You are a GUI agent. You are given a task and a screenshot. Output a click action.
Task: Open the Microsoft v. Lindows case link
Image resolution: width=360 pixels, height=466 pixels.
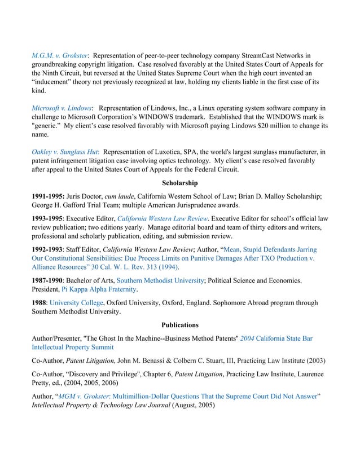62,108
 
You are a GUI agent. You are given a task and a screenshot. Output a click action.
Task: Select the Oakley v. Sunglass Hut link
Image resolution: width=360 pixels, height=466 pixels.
65,152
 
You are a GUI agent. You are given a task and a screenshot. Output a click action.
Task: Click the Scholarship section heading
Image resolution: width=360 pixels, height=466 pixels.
179,183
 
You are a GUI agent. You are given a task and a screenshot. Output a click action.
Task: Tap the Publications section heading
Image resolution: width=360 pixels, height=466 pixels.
179,326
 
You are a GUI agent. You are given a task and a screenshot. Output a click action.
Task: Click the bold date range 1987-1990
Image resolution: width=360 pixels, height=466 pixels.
49,280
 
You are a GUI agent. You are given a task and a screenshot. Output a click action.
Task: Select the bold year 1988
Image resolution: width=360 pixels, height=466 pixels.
40,302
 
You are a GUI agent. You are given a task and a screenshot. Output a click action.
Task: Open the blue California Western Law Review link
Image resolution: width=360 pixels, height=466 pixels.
161,218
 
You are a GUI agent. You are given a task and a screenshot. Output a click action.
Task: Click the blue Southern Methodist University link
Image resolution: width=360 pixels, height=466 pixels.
159,280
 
